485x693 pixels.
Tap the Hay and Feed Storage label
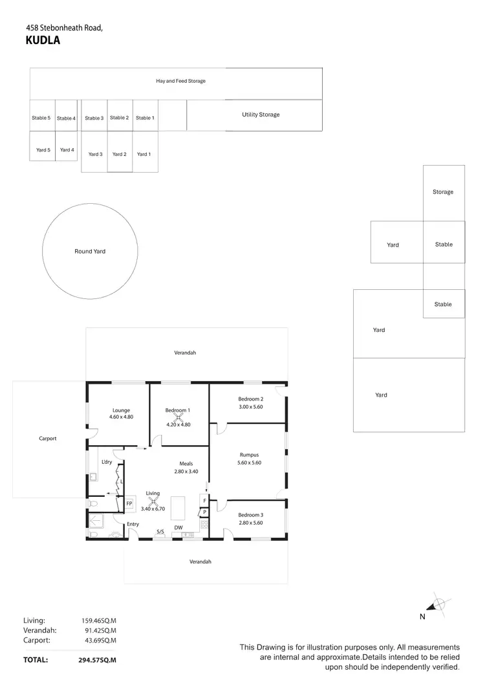click(180, 82)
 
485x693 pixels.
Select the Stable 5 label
click(41, 118)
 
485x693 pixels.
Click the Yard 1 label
click(144, 154)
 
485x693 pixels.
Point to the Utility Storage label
click(261, 115)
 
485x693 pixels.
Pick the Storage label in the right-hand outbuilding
click(443, 192)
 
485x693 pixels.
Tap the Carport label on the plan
click(48, 438)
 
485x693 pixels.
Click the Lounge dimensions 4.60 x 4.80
click(121, 417)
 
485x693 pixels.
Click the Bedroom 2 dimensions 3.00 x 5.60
click(250, 407)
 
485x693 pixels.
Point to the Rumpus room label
click(249, 455)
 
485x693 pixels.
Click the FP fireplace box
click(129, 503)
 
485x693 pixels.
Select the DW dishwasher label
click(178, 528)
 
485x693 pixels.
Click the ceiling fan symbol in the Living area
click(153, 500)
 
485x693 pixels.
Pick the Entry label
click(133, 524)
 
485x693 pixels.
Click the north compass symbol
click(438, 605)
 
